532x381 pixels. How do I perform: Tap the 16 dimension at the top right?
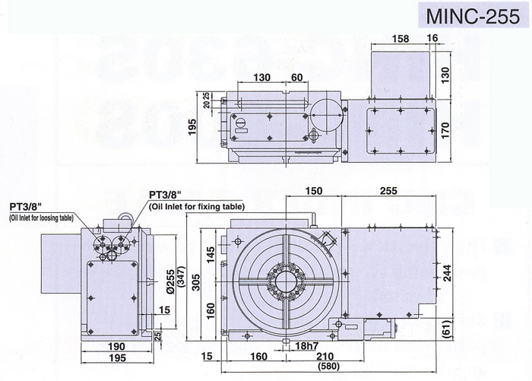coord(432,38)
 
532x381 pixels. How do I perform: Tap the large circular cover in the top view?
coord(328,116)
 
